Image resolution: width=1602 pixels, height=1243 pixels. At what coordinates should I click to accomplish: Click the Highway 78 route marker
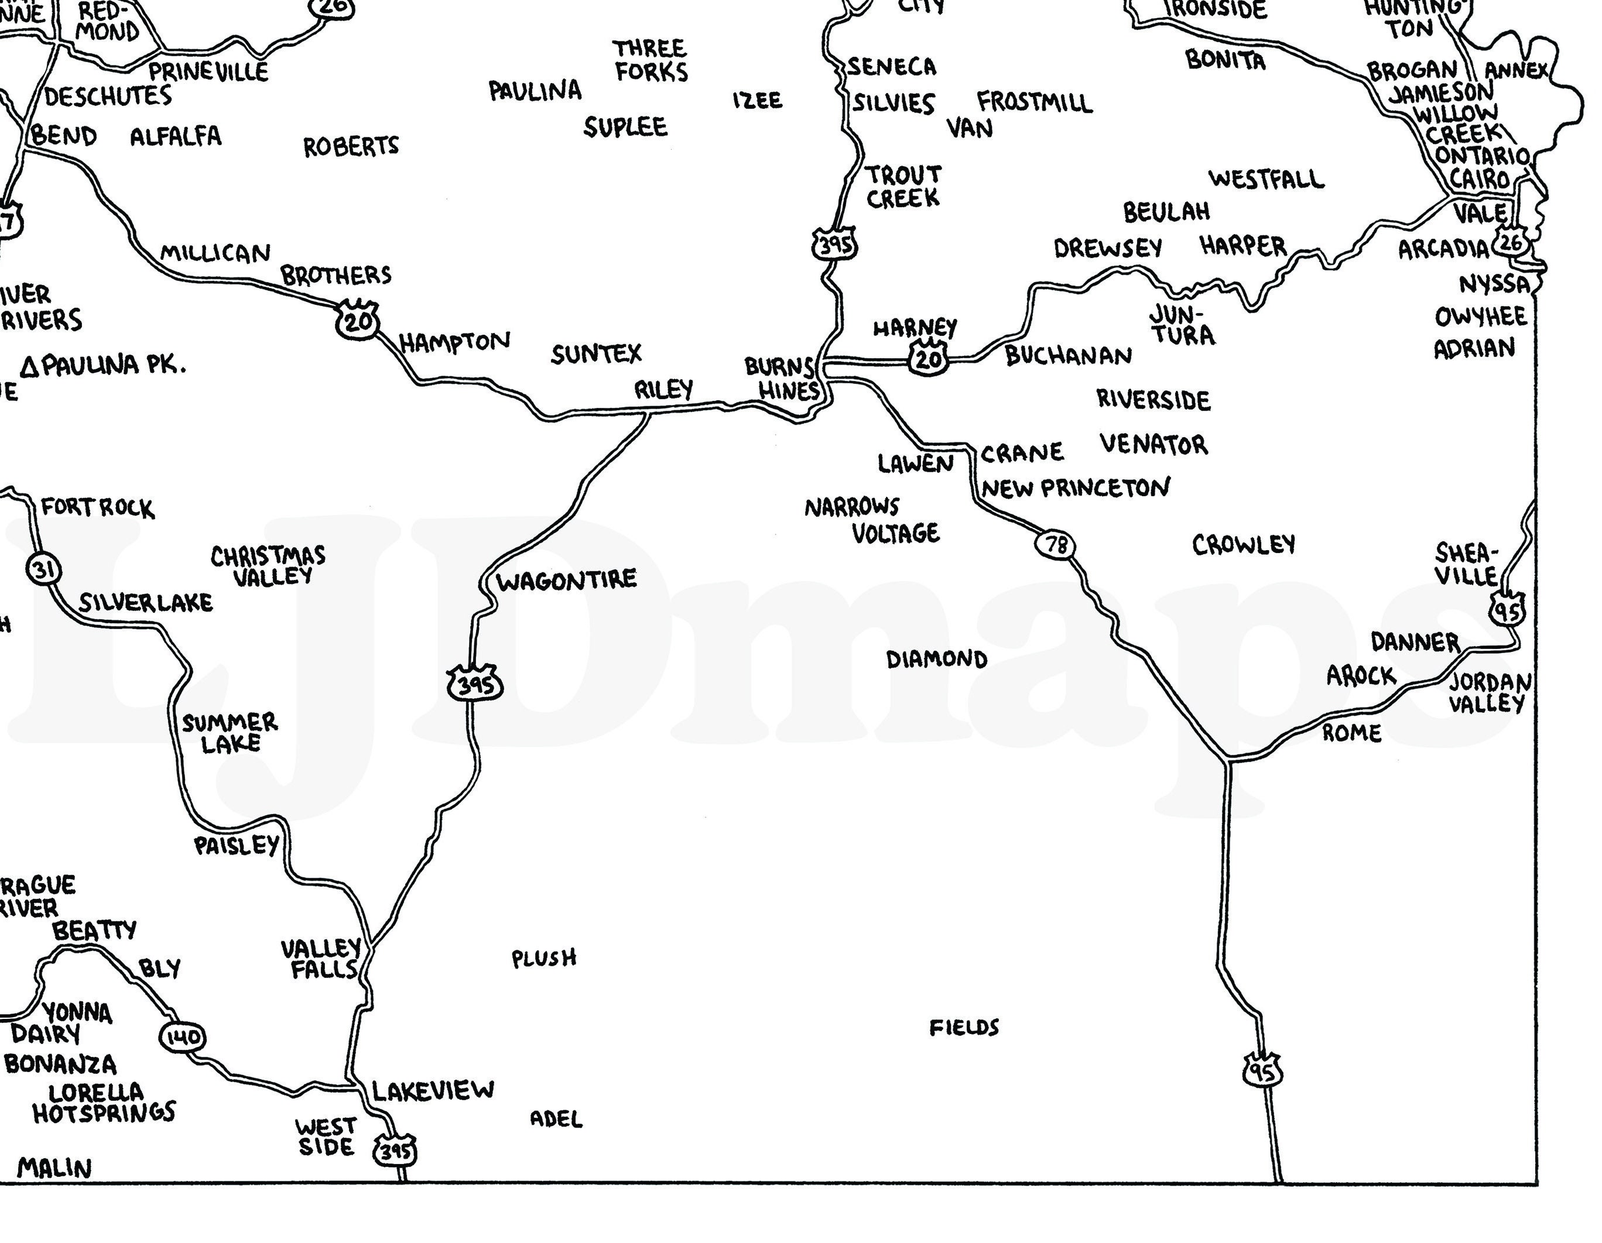(x=1056, y=544)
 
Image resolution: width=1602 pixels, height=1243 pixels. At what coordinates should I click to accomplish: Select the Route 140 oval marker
(x=182, y=1036)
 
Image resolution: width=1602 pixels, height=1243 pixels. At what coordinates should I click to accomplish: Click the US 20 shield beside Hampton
(x=358, y=321)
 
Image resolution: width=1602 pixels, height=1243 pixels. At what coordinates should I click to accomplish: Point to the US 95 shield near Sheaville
(x=1507, y=609)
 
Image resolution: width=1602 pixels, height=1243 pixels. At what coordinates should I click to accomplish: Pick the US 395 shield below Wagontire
(x=475, y=684)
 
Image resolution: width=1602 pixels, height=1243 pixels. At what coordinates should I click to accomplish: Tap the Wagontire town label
(x=566, y=581)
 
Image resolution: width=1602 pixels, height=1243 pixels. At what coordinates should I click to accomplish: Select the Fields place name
(x=964, y=1028)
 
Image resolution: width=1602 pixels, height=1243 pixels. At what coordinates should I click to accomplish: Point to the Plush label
(x=543, y=958)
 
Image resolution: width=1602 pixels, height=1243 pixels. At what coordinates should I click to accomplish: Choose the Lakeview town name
(x=433, y=1090)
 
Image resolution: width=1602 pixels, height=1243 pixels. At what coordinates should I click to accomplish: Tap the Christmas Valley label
(x=269, y=565)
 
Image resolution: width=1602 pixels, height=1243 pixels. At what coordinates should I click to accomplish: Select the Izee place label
(x=757, y=99)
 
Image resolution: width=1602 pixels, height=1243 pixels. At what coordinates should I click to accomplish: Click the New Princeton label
(x=1076, y=487)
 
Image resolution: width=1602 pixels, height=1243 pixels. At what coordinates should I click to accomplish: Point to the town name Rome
(x=1352, y=733)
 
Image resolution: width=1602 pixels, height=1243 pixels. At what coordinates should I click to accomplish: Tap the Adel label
(x=556, y=1119)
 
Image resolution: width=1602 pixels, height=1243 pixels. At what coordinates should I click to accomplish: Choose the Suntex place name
(x=595, y=354)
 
